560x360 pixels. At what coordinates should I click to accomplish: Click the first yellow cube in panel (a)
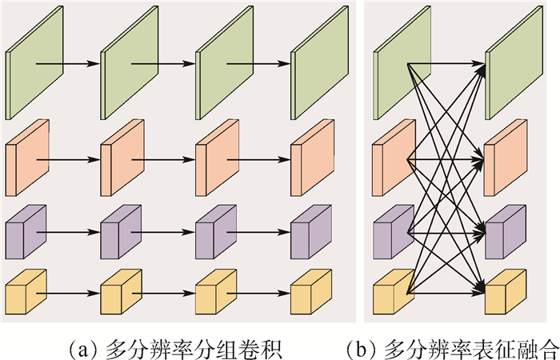[x=25, y=292]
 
